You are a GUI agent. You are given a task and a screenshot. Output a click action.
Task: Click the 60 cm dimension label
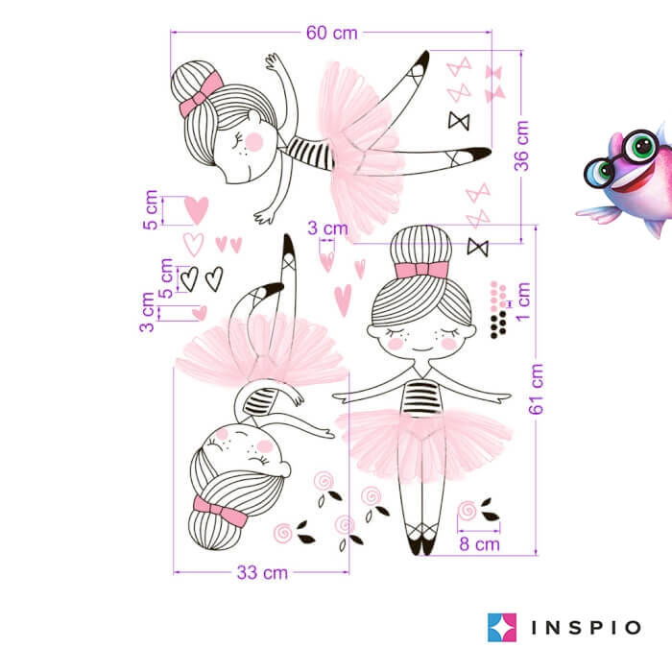pos(332,33)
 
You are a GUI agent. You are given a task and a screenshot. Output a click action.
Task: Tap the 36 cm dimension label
pos(521,146)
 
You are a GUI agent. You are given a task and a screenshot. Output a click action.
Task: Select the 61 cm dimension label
pos(536,389)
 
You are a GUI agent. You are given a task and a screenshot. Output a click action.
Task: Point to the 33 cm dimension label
pos(262,572)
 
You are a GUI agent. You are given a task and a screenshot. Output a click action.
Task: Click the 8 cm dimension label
pos(480,544)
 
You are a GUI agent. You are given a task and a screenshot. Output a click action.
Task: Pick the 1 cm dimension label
pos(523,301)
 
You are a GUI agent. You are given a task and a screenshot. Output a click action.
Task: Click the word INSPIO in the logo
pos(587,628)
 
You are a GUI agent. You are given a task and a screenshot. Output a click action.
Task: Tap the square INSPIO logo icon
pos(502,628)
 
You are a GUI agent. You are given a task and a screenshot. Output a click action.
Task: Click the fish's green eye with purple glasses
pos(641,146)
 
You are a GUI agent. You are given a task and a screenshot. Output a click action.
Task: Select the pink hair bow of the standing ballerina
pos(421,270)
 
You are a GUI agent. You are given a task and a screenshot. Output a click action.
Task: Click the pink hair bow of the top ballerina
pos(201,94)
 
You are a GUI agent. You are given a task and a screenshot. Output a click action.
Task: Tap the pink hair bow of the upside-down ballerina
pos(220,511)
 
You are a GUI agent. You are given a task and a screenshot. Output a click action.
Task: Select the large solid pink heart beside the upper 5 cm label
pos(196,210)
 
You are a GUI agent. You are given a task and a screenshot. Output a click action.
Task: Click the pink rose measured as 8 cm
pos(468,511)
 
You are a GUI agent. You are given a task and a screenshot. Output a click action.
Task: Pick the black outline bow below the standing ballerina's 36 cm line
pos(477,248)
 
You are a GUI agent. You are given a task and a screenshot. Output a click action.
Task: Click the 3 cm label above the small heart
pos(327,228)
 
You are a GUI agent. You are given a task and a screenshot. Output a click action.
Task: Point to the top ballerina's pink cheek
pos(253,142)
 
